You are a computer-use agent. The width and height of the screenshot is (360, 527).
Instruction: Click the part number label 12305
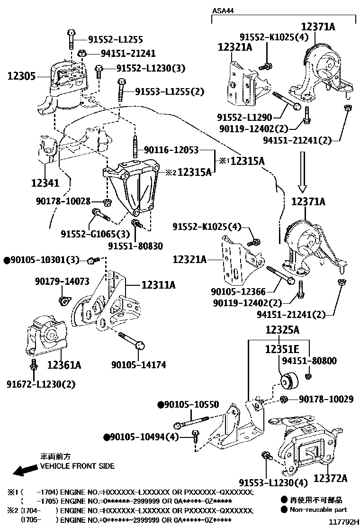point(21,76)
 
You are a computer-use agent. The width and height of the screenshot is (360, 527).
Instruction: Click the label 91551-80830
point(135,246)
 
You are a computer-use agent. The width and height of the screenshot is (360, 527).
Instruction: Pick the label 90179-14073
point(62,282)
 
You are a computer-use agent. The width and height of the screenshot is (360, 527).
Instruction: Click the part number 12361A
point(64,365)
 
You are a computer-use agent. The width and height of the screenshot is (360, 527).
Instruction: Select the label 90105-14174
point(139,365)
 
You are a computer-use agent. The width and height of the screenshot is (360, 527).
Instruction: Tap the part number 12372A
point(330,478)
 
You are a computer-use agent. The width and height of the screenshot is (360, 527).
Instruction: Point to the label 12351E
point(282,349)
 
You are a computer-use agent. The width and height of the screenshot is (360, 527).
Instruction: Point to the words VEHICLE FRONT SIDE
point(77,466)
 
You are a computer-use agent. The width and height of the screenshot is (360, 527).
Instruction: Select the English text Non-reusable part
point(318,509)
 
